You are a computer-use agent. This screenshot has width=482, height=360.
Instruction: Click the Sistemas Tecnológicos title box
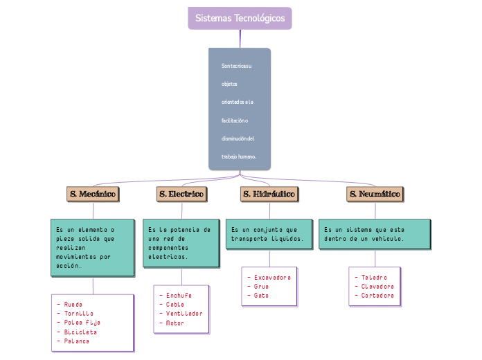(240, 18)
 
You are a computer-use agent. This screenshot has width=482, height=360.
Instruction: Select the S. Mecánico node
(92, 195)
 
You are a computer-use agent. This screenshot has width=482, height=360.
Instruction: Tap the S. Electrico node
(181, 195)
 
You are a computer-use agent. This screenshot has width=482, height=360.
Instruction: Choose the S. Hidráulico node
(269, 195)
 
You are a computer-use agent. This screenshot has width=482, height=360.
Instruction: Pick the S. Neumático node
(375, 195)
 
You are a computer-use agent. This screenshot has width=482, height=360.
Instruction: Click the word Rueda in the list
(73, 304)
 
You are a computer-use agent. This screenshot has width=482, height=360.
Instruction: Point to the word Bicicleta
(81, 332)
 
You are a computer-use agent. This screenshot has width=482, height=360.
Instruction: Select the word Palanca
(77, 341)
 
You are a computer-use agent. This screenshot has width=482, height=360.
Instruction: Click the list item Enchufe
(179, 295)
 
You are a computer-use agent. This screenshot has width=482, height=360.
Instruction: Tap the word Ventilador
(184, 314)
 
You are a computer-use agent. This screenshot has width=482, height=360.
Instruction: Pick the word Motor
(175, 323)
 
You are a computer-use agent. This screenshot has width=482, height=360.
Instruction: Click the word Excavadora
(272, 277)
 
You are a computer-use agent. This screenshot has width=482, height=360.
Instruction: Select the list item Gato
(261, 296)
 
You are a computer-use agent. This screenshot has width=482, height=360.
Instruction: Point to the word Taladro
(374, 277)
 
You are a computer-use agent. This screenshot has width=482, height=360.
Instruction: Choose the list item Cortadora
(377, 296)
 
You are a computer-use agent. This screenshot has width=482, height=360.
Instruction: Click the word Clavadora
(377, 286)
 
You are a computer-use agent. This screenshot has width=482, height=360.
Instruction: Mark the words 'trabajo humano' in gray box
(239, 157)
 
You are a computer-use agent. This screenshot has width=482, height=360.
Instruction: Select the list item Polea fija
(82, 323)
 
